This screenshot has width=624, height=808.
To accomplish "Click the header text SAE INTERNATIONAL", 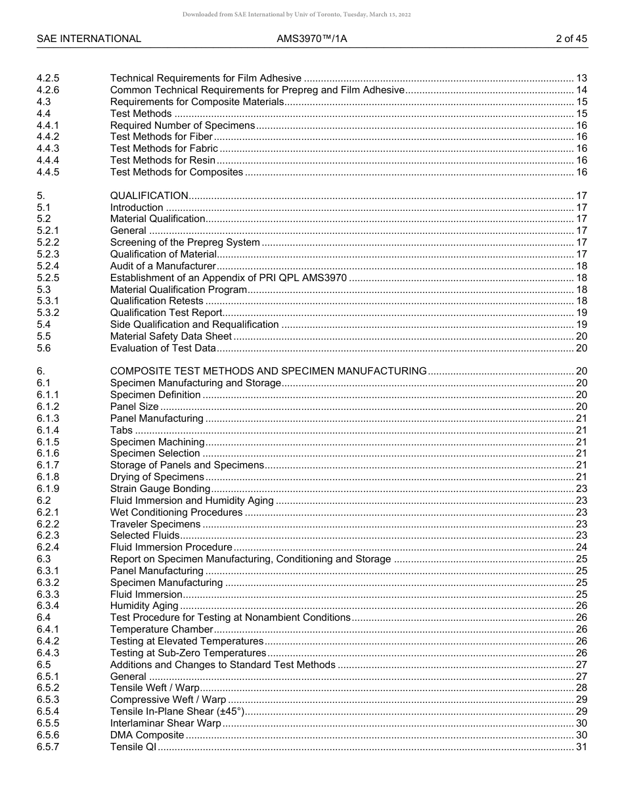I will (89, 39).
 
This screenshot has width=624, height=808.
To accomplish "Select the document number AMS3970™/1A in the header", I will (312, 39).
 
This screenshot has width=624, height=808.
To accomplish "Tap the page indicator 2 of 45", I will (571, 39).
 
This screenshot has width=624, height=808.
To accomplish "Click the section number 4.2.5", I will (48, 78).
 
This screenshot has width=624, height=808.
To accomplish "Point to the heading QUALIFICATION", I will (149, 196).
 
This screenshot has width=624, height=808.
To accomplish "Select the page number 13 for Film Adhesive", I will (581, 78).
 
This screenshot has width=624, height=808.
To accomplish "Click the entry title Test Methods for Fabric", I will (164, 148).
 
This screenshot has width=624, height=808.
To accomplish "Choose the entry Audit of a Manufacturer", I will (163, 266).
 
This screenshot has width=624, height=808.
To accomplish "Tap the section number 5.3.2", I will (48, 313).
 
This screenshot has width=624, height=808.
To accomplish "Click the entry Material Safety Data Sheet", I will (171, 336).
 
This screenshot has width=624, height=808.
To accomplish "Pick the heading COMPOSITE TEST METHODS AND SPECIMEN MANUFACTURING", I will (268, 371).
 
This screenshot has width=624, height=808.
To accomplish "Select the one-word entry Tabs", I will (122, 430).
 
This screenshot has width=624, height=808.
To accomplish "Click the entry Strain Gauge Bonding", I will (160, 489).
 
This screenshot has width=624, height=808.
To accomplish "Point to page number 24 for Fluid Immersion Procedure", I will (581, 547).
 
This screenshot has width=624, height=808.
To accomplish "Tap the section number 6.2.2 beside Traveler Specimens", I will (48, 524).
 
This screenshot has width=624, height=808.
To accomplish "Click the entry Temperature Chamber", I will (162, 629).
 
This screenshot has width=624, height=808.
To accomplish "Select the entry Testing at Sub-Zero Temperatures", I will (188, 653).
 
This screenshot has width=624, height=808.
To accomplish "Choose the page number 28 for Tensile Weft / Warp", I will (581, 688).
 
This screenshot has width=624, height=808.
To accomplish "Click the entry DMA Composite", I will (147, 735).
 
